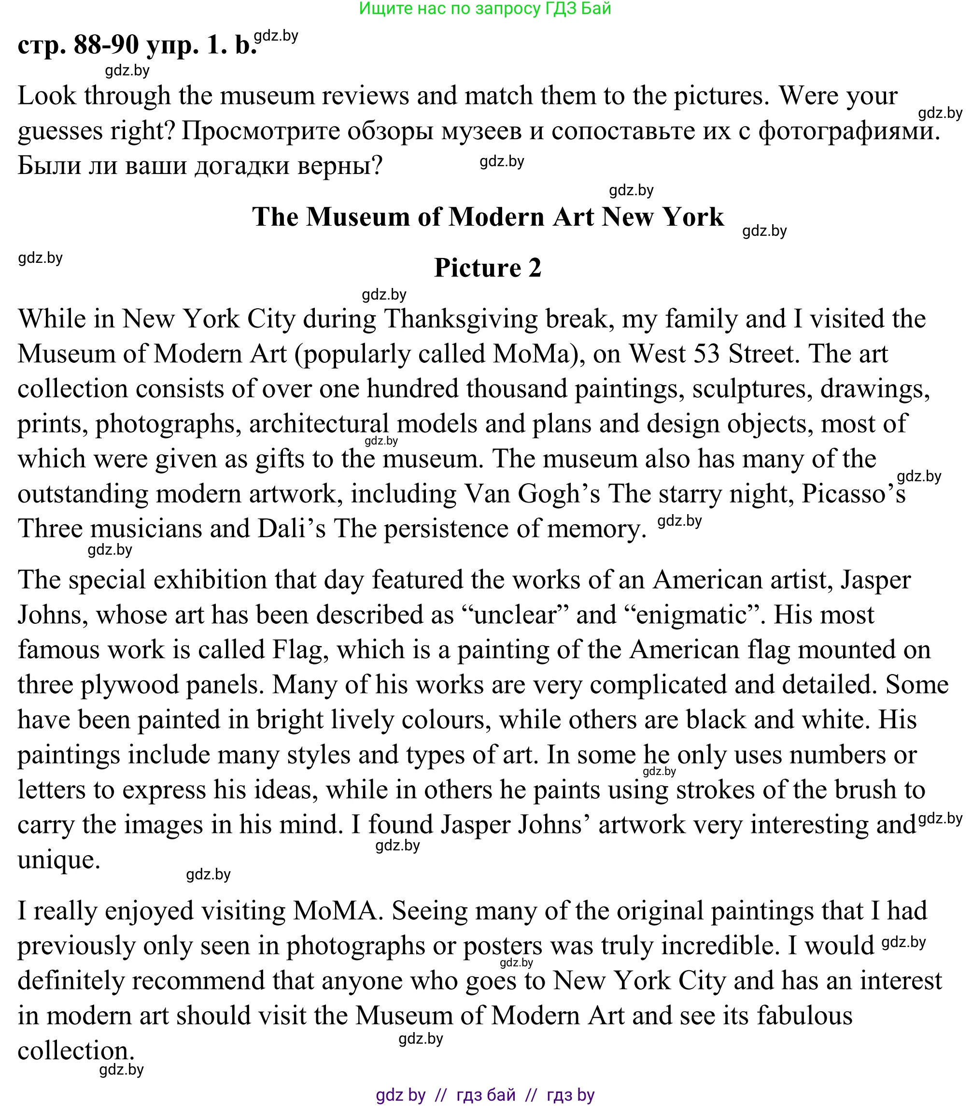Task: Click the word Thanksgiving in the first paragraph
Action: coord(461,319)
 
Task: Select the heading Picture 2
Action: coord(487,268)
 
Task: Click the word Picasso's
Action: coord(853,493)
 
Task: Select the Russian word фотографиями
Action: coord(849,131)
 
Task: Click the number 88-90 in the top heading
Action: coord(106,44)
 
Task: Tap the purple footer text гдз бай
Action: coord(485,1095)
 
